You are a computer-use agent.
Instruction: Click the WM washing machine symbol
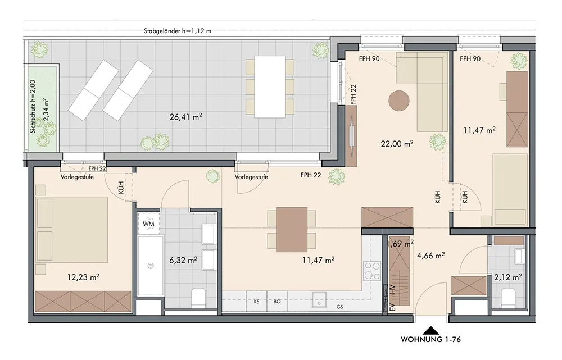tap(148, 224)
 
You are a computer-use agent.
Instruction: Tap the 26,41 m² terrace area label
tap(185, 116)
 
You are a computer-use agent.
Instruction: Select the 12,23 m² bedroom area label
tap(83, 277)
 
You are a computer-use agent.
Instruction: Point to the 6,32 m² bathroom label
tap(183, 260)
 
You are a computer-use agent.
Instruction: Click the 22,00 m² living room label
tap(397, 144)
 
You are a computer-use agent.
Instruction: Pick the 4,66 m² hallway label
tap(431, 256)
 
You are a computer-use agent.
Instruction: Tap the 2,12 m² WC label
tap(508, 277)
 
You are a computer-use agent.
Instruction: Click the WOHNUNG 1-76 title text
tap(430, 339)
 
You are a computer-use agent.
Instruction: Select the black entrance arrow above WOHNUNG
tap(432, 330)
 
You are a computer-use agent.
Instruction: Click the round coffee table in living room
tap(399, 101)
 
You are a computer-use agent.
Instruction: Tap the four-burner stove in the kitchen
tap(372, 271)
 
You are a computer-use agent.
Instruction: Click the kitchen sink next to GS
tap(319, 299)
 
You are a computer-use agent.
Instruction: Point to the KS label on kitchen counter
tap(257, 302)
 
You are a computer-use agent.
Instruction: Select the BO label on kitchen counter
tap(277, 302)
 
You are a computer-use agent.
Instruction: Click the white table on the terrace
tap(270, 86)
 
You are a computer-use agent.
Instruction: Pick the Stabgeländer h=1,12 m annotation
tap(178, 31)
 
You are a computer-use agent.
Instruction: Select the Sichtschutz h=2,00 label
tap(33, 106)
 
